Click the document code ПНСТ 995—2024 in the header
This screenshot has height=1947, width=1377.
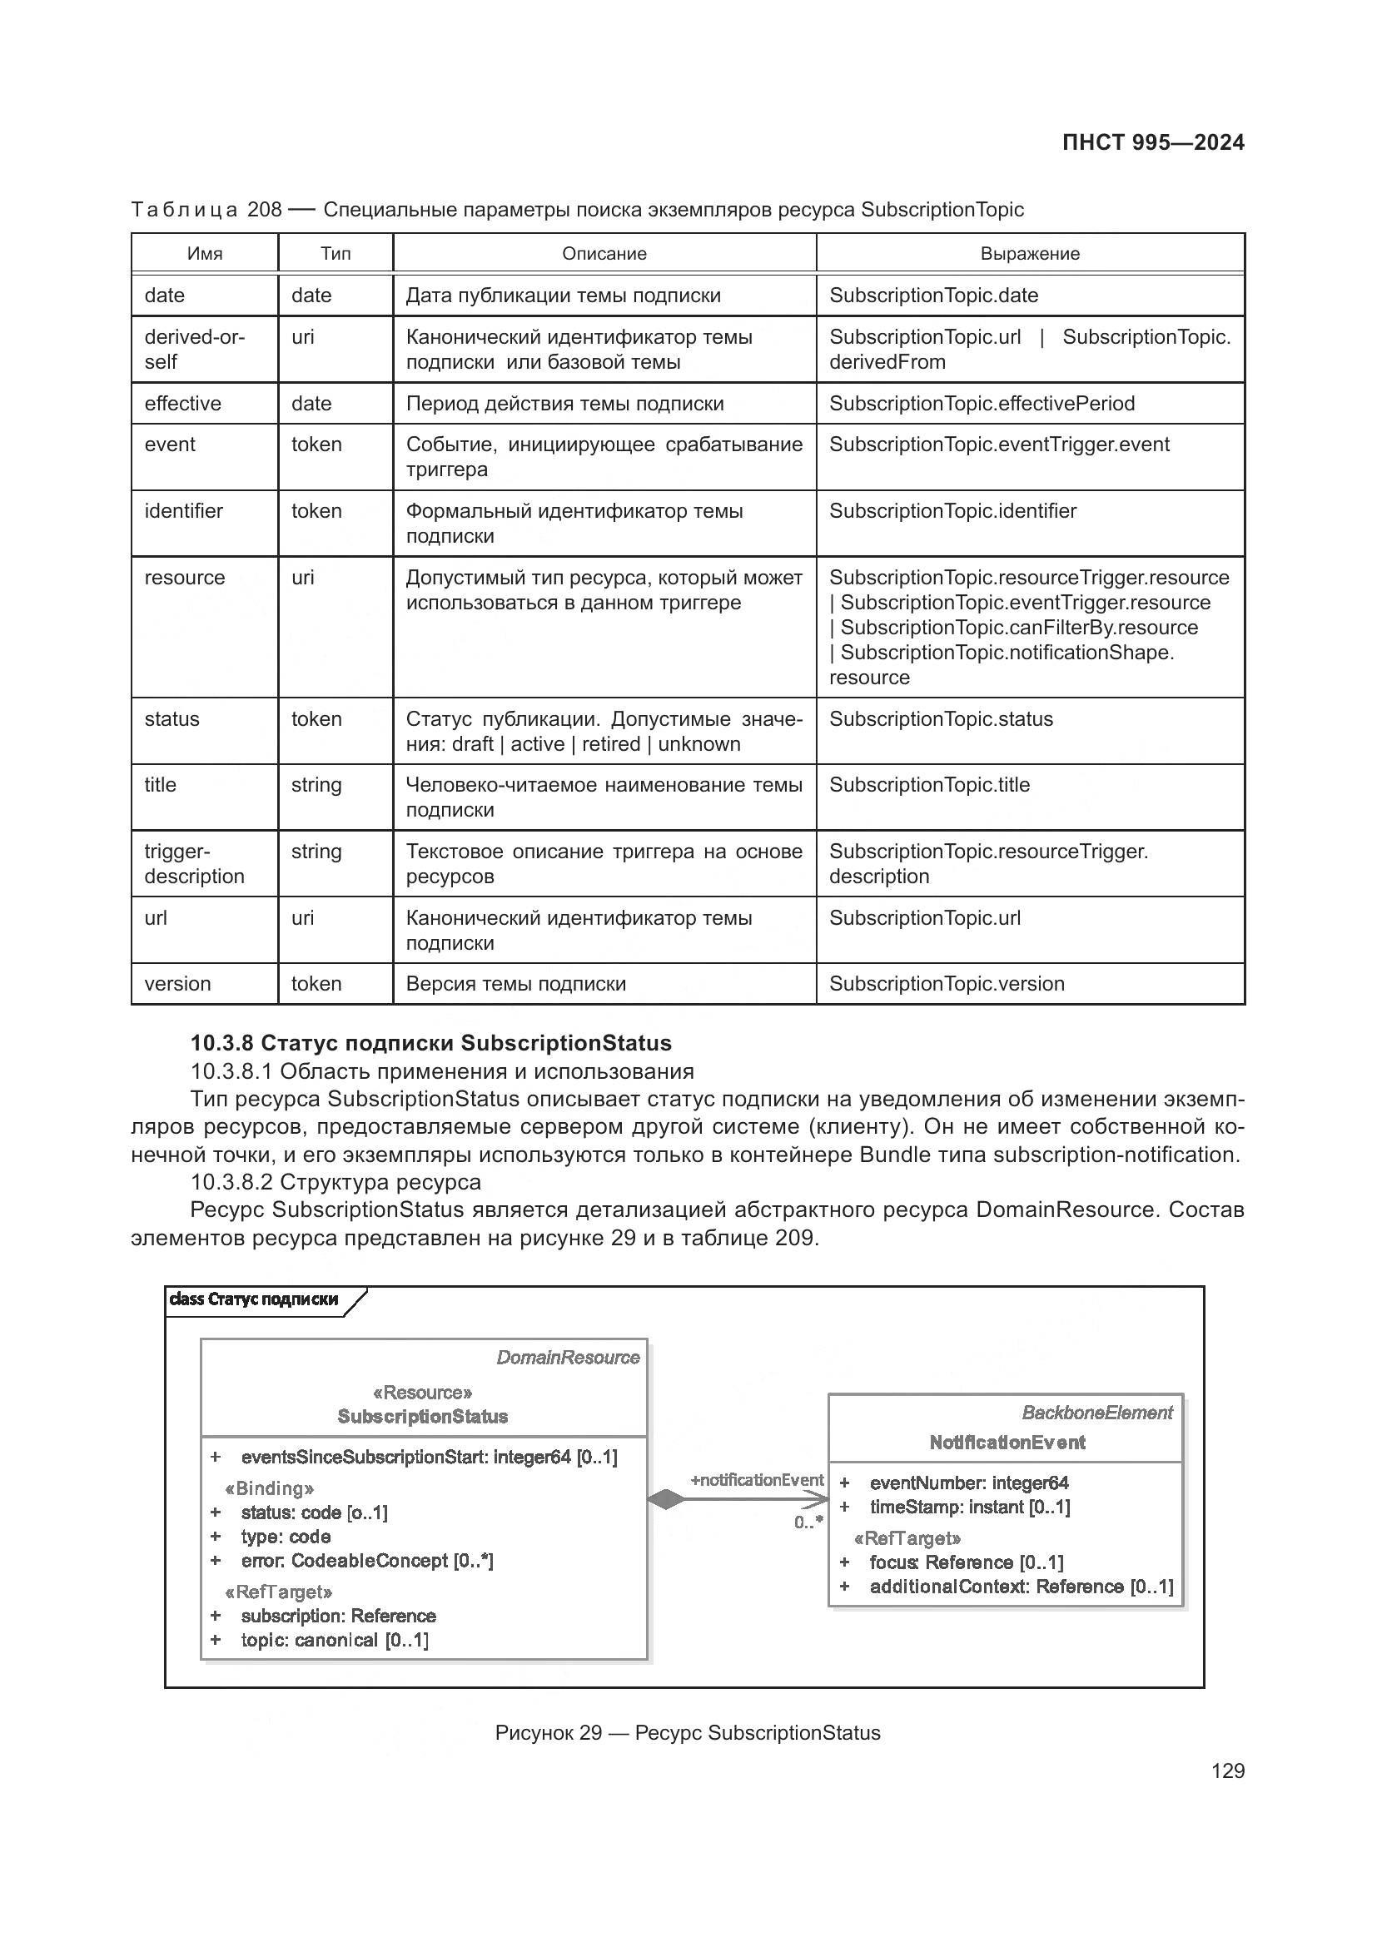1152,142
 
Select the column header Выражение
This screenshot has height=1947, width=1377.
1029,254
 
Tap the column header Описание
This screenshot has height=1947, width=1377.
604,254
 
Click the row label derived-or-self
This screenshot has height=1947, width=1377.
194,350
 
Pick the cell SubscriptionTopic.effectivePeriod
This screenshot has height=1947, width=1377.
981,404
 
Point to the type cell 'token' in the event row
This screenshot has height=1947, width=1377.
316,445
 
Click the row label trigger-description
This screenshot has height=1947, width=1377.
194,864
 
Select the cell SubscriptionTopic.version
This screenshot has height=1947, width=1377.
947,984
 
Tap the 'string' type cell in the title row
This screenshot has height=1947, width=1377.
316,785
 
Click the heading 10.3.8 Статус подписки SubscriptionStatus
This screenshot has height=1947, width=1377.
430,1043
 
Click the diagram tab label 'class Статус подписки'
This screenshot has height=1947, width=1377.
254,1299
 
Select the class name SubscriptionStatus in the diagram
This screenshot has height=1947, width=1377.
422,1416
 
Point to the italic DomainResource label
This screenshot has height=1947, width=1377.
567,1358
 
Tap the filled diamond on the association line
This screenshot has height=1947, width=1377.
667,1499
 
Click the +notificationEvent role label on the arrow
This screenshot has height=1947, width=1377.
756,1480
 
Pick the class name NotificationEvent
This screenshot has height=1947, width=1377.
1007,1443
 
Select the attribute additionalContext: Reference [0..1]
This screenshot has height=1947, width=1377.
1020,1587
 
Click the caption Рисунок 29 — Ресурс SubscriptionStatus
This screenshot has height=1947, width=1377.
688,1733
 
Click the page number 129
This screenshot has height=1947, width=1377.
1227,1771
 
